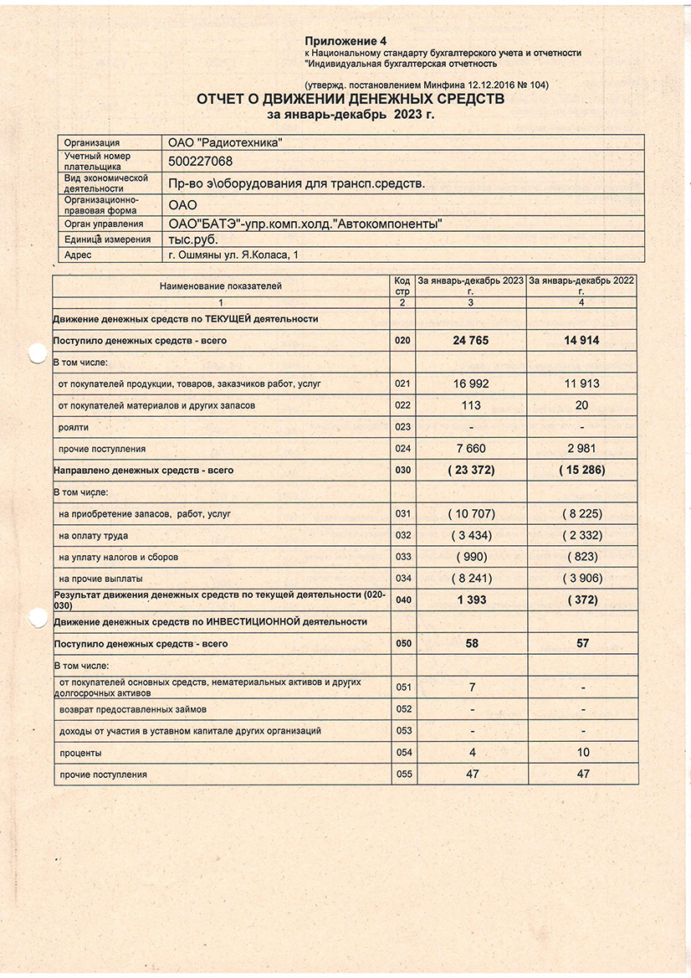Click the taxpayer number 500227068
(201, 162)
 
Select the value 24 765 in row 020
(472, 341)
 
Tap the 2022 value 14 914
(582, 341)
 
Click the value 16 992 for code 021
(472, 384)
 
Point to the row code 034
(403, 579)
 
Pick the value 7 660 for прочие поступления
(472, 449)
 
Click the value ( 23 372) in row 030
(472, 471)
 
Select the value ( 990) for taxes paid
(472, 557)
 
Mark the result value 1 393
(472, 600)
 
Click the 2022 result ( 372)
(582, 600)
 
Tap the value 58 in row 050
(472, 644)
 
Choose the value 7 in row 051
(472, 687)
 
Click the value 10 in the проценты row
(582, 753)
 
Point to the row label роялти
(74, 428)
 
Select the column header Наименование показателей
(221, 286)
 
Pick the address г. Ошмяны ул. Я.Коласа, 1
(233, 255)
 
